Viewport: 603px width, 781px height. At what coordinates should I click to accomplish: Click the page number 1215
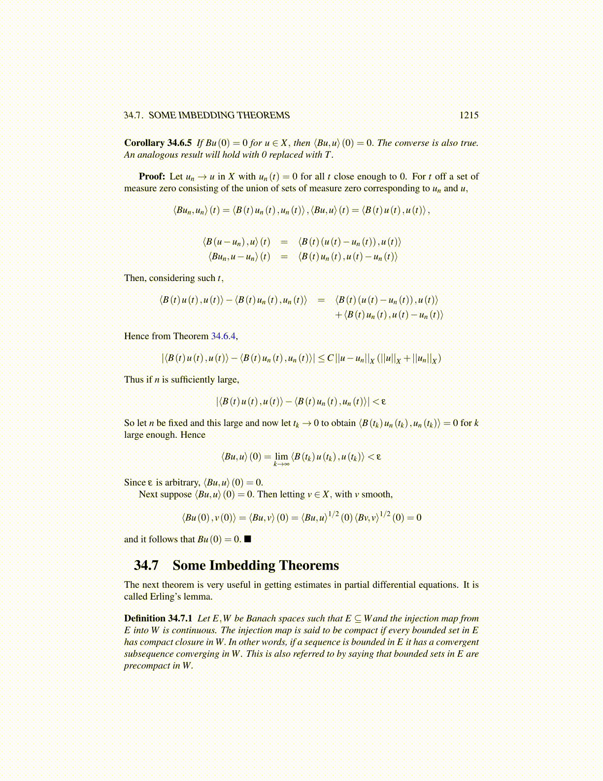point(469,115)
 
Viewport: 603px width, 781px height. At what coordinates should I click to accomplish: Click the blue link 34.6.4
point(224,336)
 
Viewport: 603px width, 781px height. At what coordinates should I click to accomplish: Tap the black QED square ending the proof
point(248,539)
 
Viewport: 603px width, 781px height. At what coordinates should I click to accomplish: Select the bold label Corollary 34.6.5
point(158,143)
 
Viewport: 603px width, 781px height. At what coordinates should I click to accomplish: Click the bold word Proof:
point(152,177)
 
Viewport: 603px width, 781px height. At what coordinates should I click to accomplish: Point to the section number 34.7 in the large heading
point(146,565)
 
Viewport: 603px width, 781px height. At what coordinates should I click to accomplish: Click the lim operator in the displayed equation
point(281,457)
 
